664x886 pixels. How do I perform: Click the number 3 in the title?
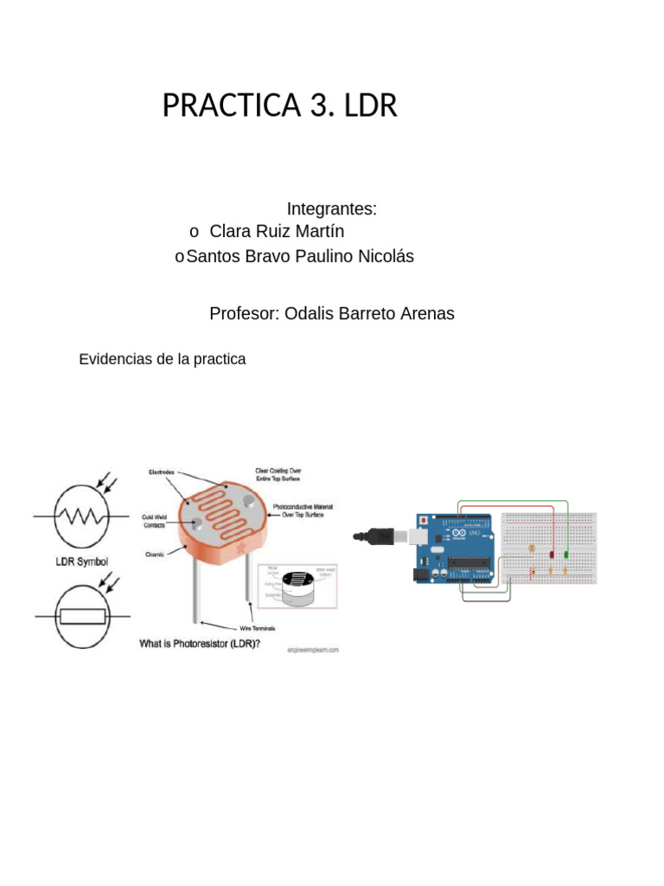pos(315,106)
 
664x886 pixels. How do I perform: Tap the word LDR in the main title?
pos(370,106)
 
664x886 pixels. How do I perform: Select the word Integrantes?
pos(331,209)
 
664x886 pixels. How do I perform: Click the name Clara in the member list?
pos(228,232)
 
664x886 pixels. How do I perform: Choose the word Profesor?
pos(241,313)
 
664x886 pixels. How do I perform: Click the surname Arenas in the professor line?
pos(424,313)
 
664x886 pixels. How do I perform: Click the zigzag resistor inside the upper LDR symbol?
pos(81,517)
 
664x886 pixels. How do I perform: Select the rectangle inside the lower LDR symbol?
pos(82,616)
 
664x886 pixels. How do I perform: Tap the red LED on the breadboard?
pos(552,555)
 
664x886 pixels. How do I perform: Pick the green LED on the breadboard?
pos(565,554)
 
